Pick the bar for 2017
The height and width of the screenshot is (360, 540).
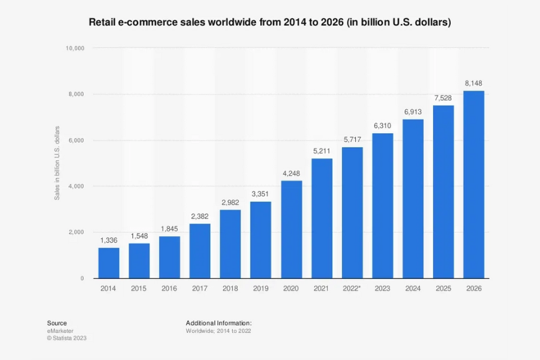[x=200, y=251]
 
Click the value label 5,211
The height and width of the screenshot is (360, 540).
[x=322, y=150]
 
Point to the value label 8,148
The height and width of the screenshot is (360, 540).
[x=474, y=82]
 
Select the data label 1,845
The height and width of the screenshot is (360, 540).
[x=169, y=228]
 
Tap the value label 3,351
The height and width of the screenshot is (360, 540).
[x=260, y=193]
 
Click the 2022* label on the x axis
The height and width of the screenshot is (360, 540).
[x=352, y=289]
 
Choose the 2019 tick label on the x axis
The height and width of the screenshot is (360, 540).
[x=260, y=289]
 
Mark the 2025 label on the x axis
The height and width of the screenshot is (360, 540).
[x=443, y=289]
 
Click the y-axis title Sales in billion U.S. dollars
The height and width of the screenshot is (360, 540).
[x=58, y=163]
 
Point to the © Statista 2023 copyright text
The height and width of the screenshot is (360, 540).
[x=67, y=338]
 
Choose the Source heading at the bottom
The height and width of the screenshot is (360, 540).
[x=57, y=323]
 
